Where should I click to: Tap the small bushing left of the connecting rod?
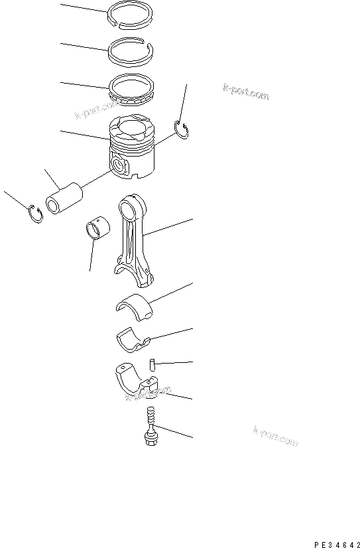pyautogui.click(x=97, y=228)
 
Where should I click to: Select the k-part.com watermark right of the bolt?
pyautogui.click(x=276, y=435)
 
